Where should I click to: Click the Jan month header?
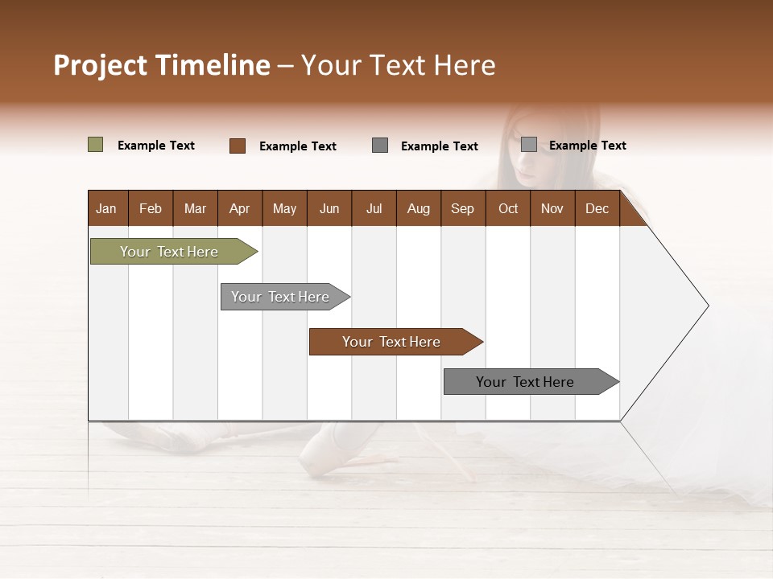(x=106, y=208)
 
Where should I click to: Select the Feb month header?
(x=151, y=208)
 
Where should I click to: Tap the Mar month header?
(x=195, y=208)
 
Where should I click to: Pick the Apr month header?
(x=239, y=208)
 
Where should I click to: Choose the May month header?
(x=284, y=208)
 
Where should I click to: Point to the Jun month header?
(x=329, y=208)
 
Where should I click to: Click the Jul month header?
(x=374, y=208)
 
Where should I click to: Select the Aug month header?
(x=418, y=208)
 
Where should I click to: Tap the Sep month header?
(x=462, y=208)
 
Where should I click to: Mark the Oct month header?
(x=508, y=208)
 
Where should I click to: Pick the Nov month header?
(x=552, y=208)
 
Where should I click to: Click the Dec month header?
(x=597, y=208)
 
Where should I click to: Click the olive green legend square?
(x=95, y=145)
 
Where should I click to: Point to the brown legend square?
(x=237, y=146)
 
